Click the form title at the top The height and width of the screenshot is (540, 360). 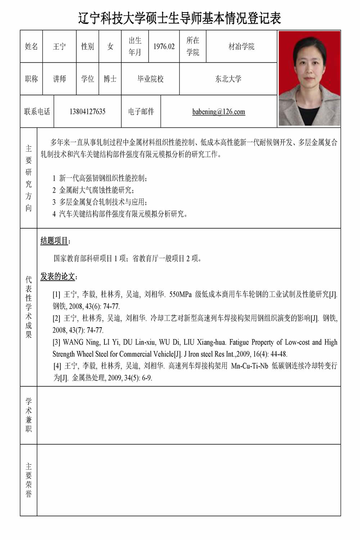coord(180,18)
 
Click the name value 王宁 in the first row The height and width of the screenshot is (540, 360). coord(59,46)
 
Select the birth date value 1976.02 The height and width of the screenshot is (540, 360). coord(164,46)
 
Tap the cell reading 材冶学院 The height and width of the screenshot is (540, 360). coord(241,46)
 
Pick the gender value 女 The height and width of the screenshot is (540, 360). coord(110,46)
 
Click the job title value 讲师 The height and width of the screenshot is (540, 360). coord(59,79)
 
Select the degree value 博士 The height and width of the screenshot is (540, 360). coord(110,79)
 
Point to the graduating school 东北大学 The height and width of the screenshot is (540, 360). coord(228,79)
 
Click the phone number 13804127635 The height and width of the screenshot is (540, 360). coord(87,112)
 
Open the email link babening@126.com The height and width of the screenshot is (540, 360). coord(219,112)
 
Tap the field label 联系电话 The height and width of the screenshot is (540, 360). coord(37,112)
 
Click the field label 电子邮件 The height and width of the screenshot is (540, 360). coord(141,112)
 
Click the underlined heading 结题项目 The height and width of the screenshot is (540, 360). coord(54,240)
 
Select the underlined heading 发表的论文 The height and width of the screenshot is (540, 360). coord(58,276)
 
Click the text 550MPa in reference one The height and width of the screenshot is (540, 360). coord(180,294)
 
